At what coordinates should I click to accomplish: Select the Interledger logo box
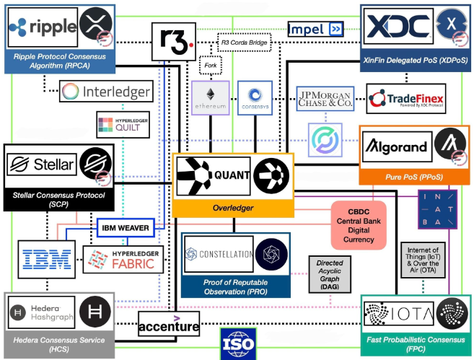pyautogui.click(x=107, y=92)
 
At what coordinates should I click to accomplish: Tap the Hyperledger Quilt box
pyautogui.click(x=123, y=124)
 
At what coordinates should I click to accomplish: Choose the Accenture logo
pyautogui.click(x=168, y=324)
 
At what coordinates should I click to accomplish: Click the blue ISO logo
pyautogui.click(x=238, y=343)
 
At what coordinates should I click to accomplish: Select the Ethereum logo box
pyautogui.click(x=210, y=97)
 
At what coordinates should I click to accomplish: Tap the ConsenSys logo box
pyautogui.click(x=254, y=97)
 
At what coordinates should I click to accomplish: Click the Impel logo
pyautogui.click(x=315, y=29)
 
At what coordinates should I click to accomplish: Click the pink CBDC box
pyautogui.click(x=359, y=224)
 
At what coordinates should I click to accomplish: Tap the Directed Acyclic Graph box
pyautogui.click(x=329, y=273)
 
